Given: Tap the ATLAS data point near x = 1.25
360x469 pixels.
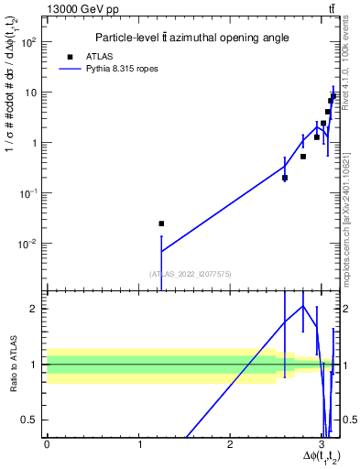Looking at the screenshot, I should [161, 224].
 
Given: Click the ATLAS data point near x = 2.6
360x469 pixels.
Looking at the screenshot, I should [285, 178].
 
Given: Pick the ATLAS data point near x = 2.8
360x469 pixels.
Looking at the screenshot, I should [303, 157].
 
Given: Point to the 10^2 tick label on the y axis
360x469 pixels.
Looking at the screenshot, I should [29, 42].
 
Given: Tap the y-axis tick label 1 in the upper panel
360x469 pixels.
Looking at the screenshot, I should [35, 143].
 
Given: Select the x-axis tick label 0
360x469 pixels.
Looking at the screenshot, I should [47, 443].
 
